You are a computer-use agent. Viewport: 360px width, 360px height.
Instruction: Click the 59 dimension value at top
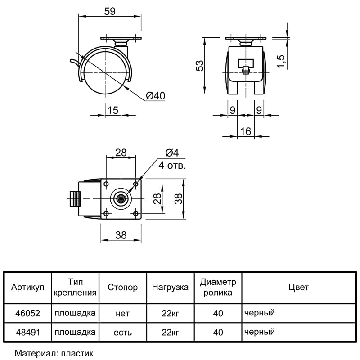point(110,11)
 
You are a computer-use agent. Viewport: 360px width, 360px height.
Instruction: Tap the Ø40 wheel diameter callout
point(155,95)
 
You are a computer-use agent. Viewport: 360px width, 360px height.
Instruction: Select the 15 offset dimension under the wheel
point(113,110)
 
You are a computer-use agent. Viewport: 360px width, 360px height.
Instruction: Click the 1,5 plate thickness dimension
point(281,62)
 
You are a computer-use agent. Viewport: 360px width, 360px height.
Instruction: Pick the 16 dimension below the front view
point(245,131)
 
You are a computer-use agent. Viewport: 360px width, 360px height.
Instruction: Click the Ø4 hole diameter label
point(172,153)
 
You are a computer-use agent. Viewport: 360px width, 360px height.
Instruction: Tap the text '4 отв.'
point(172,165)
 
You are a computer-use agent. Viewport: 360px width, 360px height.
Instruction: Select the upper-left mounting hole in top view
point(106,184)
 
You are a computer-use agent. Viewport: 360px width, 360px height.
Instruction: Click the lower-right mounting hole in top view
point(136,214)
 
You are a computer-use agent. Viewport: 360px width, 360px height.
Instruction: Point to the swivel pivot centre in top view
point(121,199)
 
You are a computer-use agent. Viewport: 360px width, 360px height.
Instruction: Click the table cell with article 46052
point(27,313)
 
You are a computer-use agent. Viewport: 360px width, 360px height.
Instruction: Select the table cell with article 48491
point(27,332)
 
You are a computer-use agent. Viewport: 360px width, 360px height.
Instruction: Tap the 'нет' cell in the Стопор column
point(122,313)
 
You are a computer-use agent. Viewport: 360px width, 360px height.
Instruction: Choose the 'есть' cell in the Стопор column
point(122,332)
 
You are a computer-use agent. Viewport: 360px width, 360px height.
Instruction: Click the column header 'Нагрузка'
point(170,287)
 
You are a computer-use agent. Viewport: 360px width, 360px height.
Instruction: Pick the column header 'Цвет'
point(299,287)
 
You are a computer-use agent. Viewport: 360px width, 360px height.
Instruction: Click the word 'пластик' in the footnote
point(77,353)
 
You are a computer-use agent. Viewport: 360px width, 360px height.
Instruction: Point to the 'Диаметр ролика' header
point(218,287)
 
